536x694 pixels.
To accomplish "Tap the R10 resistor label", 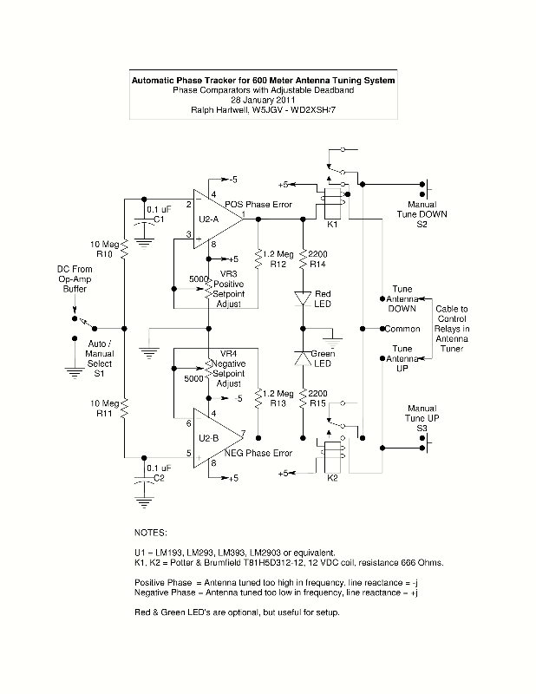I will [105, 255].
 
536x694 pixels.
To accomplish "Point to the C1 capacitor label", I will [159, 219].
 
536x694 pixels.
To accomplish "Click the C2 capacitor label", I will [159, 478].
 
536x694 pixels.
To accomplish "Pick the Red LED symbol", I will [303, 298].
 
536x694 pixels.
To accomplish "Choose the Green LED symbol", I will [303, 357].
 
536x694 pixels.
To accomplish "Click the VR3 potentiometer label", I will [229, 273].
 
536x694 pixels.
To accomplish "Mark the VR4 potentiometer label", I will [229, 354].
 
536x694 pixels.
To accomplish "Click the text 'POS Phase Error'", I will [258, 206].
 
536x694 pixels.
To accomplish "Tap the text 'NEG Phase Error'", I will [258, 453].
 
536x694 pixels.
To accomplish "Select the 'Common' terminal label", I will [402, 330].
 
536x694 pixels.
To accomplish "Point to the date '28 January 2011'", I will [263, 101].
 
